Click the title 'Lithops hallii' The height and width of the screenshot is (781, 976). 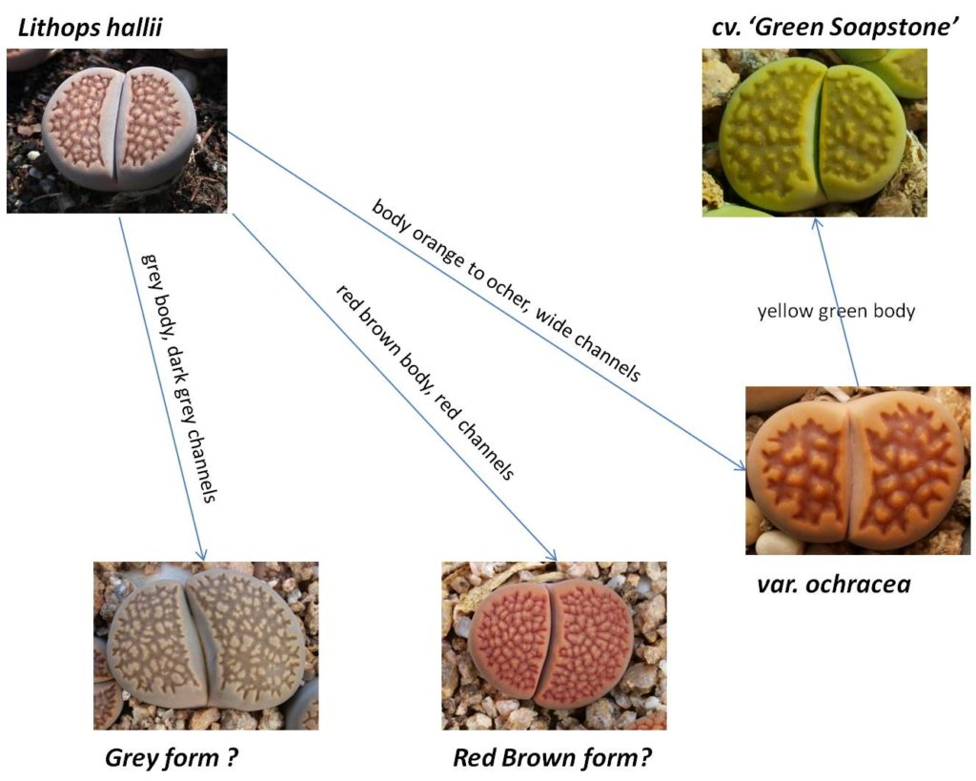click(91, 28)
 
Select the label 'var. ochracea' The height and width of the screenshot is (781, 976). click(834, 585)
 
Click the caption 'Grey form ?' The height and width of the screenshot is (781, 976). click(172, 758)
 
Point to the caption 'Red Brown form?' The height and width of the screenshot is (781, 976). click(552, 758)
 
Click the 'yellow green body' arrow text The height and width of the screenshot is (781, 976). click(836, 311)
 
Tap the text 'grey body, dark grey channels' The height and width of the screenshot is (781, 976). click(178, 378)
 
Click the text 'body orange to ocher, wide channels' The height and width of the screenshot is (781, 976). click(506, 290)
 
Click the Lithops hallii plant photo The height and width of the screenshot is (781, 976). click(117, 131)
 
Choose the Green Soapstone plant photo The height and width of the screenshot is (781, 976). click(814, 133)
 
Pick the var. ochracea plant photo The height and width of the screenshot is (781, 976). click(858, 470)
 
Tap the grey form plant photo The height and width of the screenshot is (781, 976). click(206, 646)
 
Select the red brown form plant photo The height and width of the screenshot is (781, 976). click(554, 646)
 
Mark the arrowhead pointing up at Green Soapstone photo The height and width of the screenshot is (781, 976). click(817, 224)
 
